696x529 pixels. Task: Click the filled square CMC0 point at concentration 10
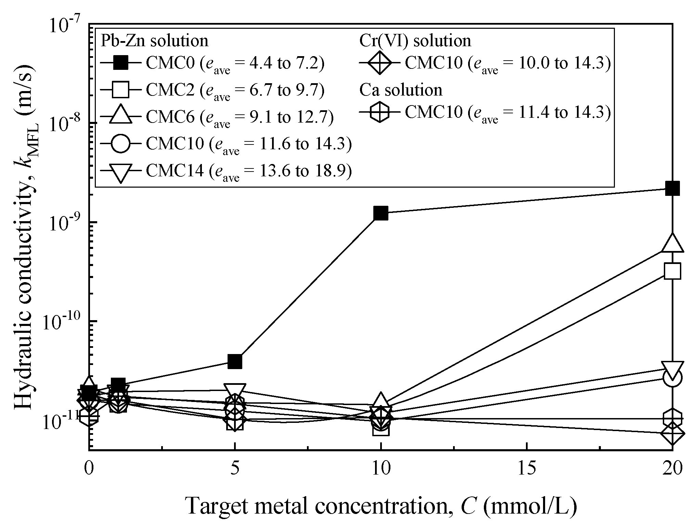coord(381,213)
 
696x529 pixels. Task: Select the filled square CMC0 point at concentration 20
coord(672,188)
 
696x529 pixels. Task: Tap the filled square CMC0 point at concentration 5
coord(235,361)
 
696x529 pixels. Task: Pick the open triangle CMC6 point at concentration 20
coord(672,244)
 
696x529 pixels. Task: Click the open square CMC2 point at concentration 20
coord(672,272)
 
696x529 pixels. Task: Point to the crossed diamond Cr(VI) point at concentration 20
coord(672,433)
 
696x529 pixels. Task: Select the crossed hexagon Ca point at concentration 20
coord(672,418)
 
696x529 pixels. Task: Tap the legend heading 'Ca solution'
coord(401,90)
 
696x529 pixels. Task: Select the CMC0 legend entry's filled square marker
coord(121,63)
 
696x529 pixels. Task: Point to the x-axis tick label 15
coord(526,469)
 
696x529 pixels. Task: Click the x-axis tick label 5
coord(235,469)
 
